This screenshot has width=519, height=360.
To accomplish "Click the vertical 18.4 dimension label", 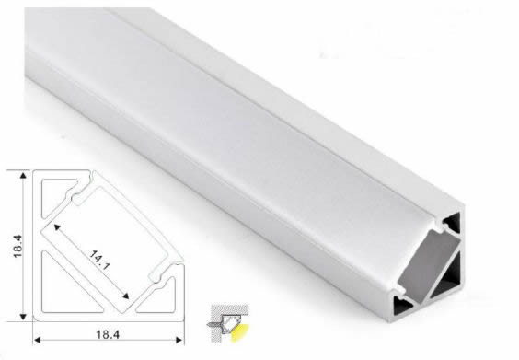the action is click(x=17, y=246).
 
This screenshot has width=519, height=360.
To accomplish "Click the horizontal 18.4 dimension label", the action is click(x=108, y=334).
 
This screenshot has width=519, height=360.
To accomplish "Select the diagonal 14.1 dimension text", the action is click(x=99, y=261).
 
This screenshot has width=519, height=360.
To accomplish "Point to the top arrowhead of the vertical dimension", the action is click(x=23, y=175).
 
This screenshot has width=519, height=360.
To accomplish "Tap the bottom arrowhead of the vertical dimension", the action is click(x=23, y=317).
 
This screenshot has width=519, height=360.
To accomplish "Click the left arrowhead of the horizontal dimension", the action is click(x=37, y=340).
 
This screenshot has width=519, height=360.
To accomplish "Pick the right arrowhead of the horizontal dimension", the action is click(x=179, y=340).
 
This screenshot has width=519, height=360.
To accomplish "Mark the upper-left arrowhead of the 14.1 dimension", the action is click(x=57, y=226).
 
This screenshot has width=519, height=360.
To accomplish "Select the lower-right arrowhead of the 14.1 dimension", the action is click(x=125, y=296).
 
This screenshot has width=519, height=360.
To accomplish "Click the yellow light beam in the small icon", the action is click(x=239, y=333).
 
